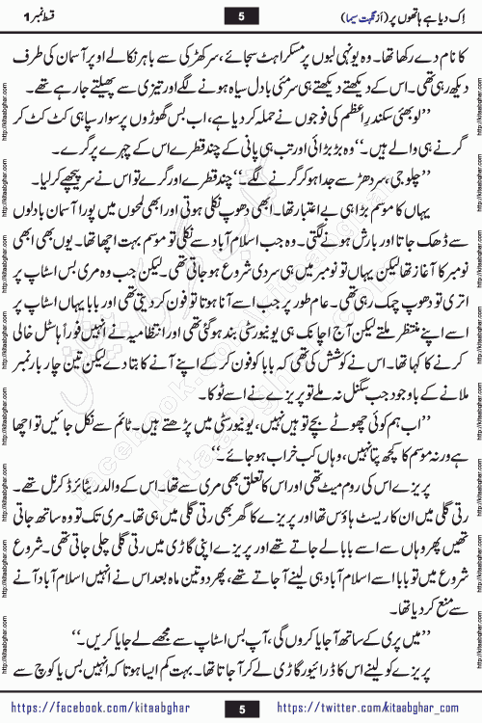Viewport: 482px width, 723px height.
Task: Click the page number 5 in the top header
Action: click(241, 15)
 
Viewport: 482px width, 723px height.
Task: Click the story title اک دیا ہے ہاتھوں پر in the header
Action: click(405, 16)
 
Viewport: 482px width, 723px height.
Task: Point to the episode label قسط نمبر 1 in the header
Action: click(48, 16)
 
